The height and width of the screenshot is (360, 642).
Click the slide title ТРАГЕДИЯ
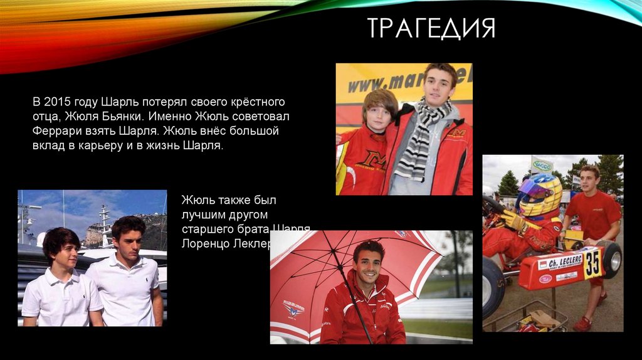[x=431, y=28]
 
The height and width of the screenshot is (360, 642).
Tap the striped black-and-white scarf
[x=419, y=142]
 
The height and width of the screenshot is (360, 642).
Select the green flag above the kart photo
[x=542, y=165]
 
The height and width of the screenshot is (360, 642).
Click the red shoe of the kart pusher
[x=583, y=323]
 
